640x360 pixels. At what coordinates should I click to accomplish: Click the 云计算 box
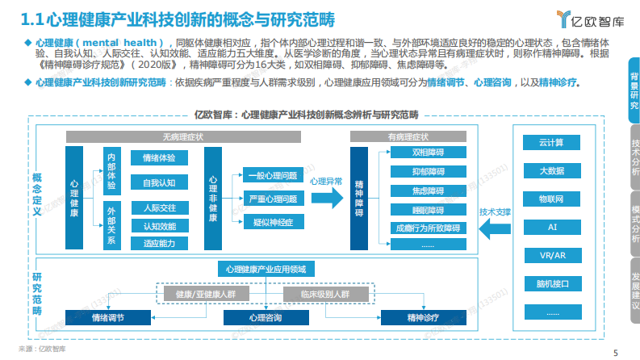pos(551,143)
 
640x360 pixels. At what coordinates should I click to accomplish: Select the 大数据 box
pos(551,170)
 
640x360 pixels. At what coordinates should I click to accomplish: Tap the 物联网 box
pos(551,199)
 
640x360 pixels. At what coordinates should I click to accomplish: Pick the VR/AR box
pos(551,255)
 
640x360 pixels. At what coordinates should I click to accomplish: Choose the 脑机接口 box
pos(551,283)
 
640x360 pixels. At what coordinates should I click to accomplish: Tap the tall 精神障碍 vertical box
pos(359,199)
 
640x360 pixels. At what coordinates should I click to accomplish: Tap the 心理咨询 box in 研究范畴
pos(266,318)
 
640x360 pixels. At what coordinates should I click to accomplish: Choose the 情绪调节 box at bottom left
pos(108,318)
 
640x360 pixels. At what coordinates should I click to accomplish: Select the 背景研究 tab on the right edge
pos(633,89)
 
